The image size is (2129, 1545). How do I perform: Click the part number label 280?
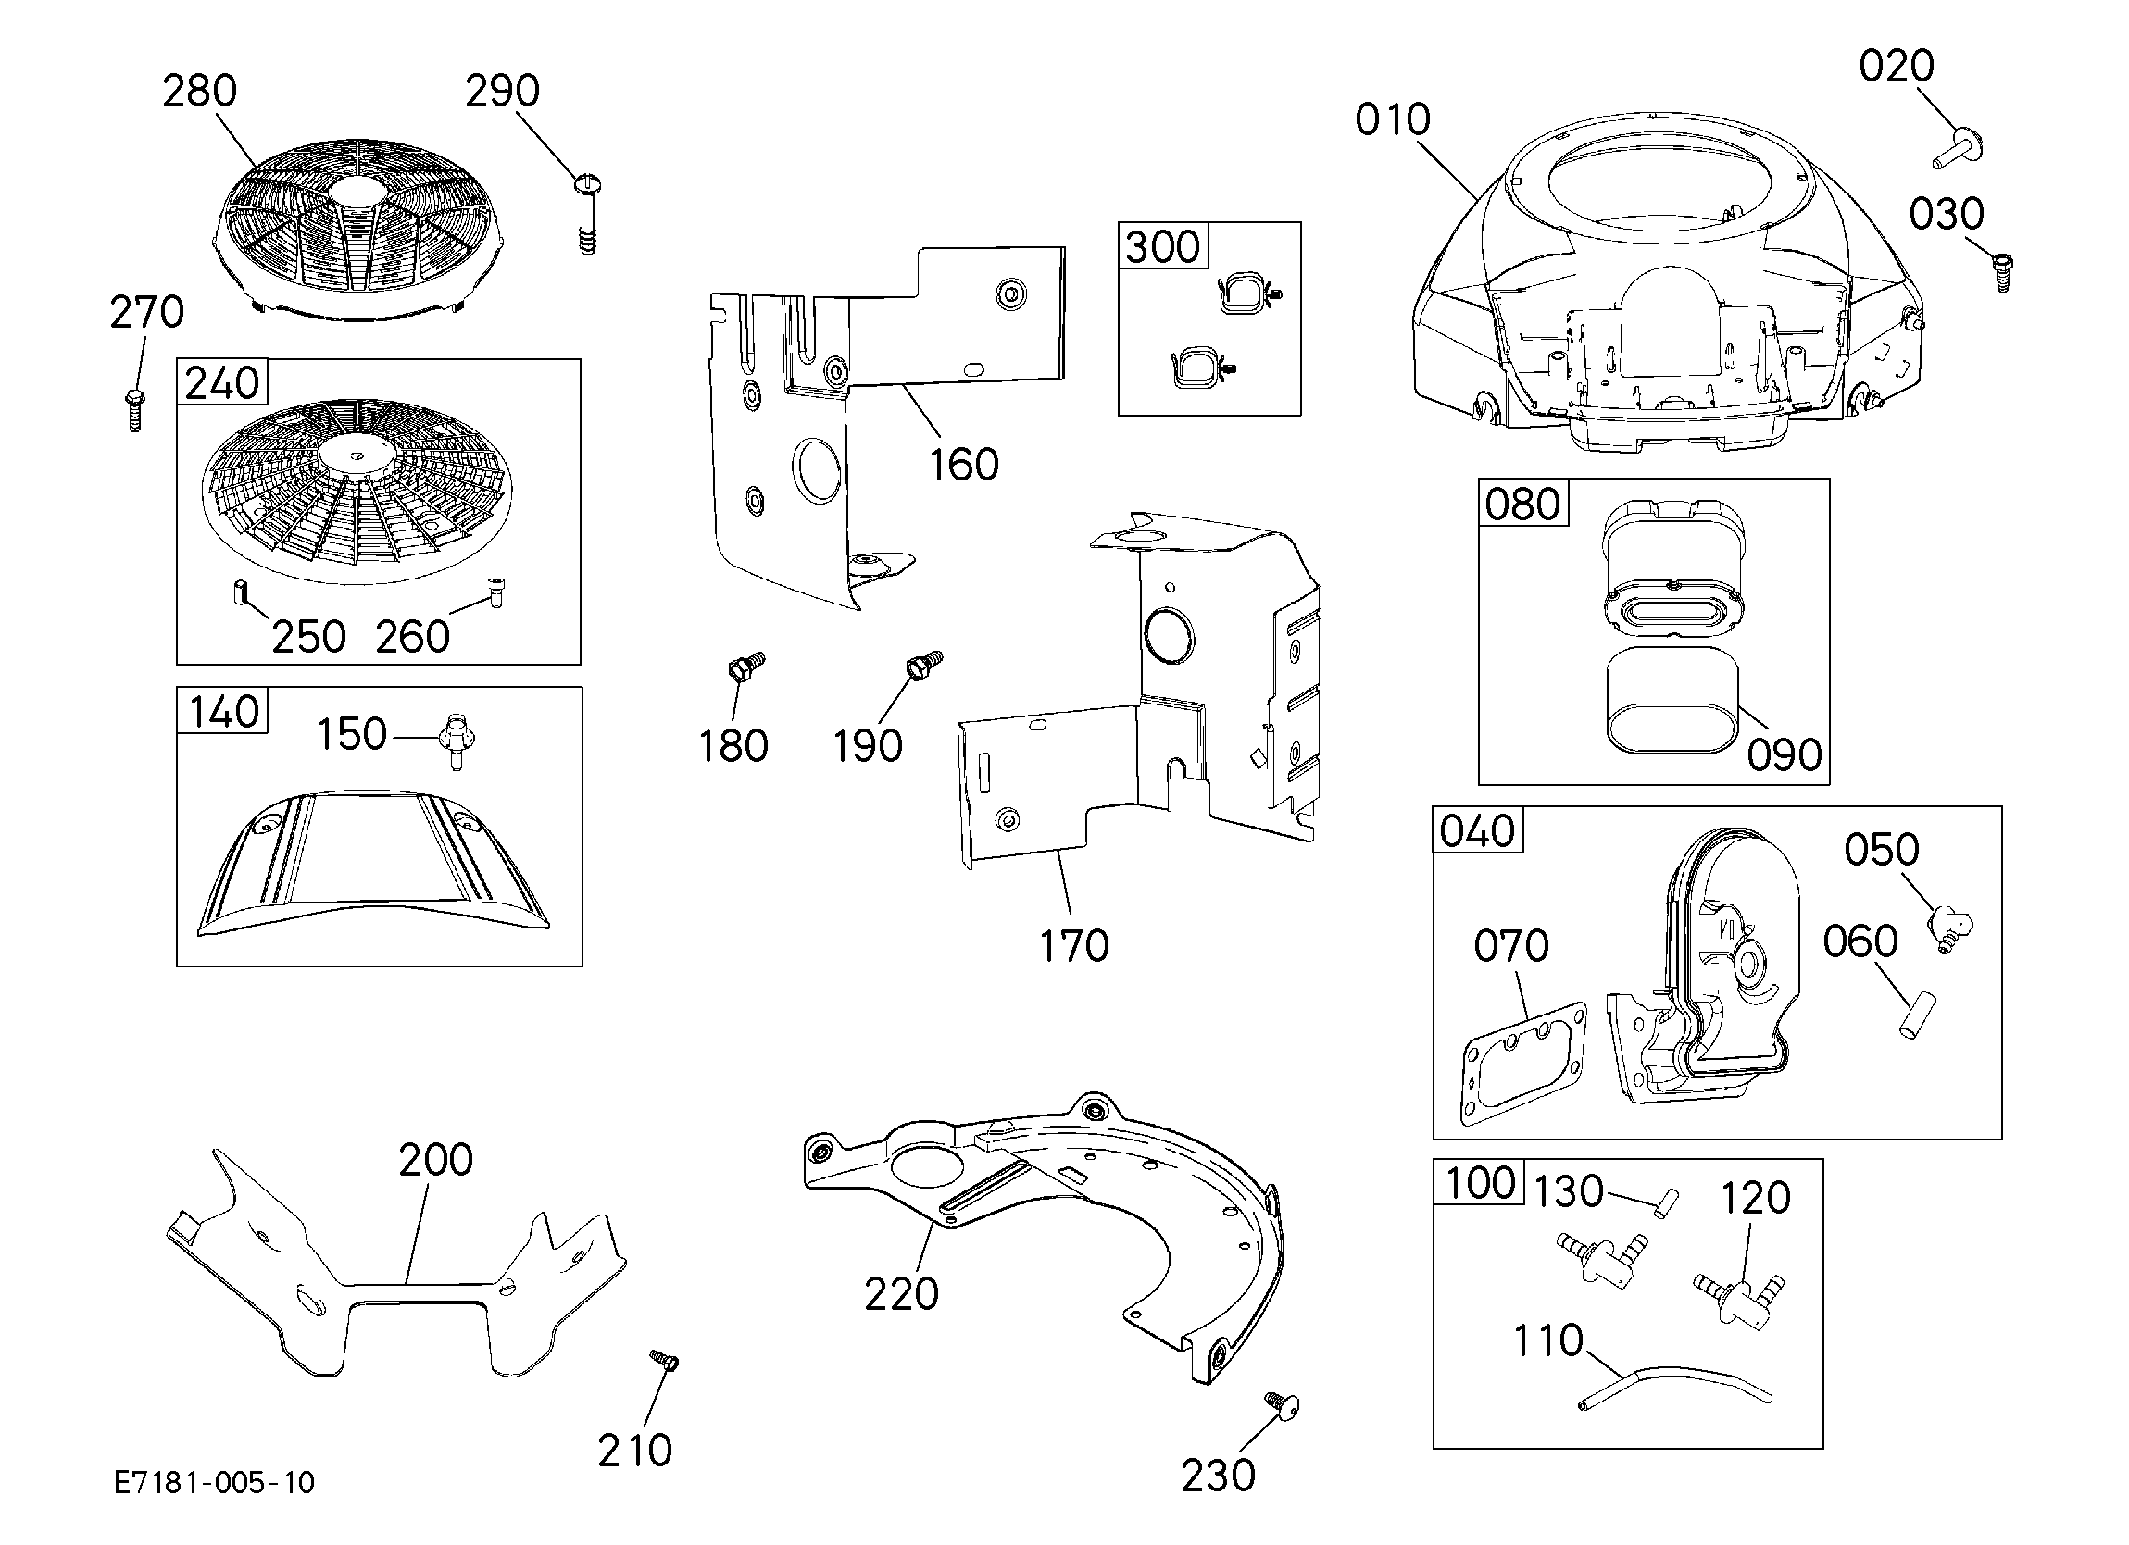click(x=199, y=91)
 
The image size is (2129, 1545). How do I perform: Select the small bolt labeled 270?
click(x=134, y=409)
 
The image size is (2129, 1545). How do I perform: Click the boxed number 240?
click(x=221, y=383)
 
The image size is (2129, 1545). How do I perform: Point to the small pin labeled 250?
click(x=239, y=594)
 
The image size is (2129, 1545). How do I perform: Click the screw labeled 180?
click(x=746, y=667)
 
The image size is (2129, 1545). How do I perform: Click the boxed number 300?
click(x=1162, y=247)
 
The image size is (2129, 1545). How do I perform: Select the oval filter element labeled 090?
click(x=1672, y=703)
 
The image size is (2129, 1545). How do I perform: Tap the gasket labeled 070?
click(x=1523, y=1064)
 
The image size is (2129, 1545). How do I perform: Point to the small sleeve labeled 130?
click(x=1666, y=1203)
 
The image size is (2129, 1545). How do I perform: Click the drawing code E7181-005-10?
click(x=214, y=1483)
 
